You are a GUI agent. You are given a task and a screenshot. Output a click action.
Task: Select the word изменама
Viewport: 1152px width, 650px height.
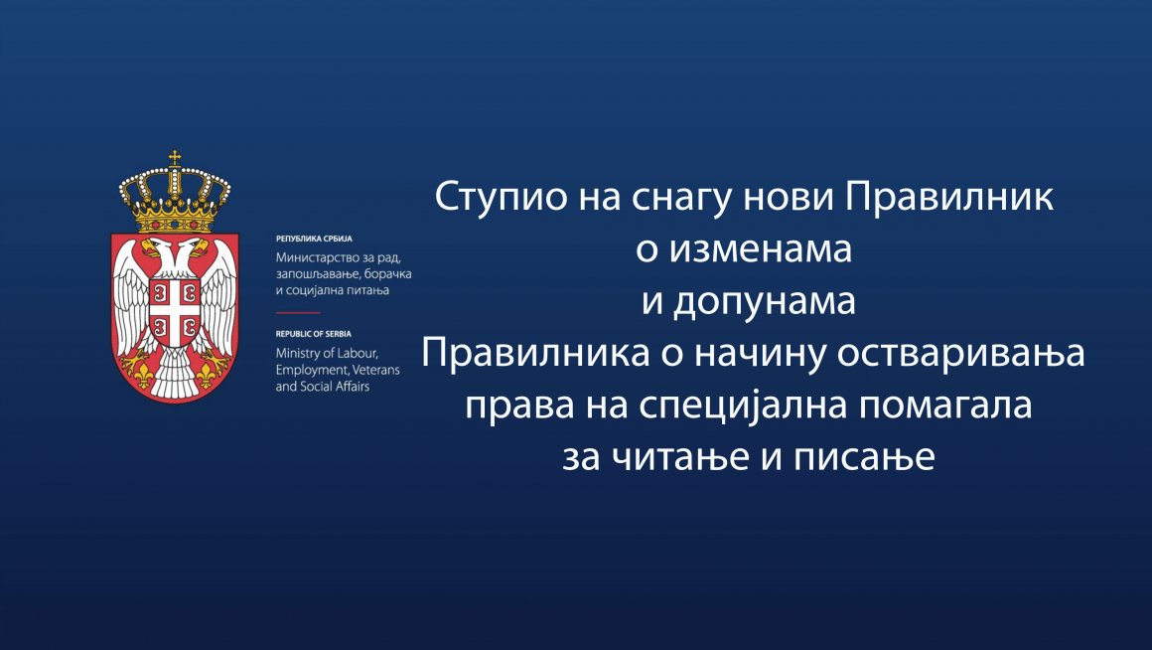[x=761, y=250]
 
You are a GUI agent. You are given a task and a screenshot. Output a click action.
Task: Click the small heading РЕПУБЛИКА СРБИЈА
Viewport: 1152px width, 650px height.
[x=315, y=239]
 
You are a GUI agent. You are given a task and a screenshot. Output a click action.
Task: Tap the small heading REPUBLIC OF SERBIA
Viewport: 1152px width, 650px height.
[x=314, y=334]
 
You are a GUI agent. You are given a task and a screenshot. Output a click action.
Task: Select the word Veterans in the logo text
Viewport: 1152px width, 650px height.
[x=377, y=369]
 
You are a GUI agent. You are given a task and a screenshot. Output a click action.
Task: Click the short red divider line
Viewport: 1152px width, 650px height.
[x=298, y=312]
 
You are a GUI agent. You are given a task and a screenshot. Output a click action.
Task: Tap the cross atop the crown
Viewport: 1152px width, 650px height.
[x=175, y=158]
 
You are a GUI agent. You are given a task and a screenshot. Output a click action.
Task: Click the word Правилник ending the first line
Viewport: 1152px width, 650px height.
[x=948, y=198]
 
